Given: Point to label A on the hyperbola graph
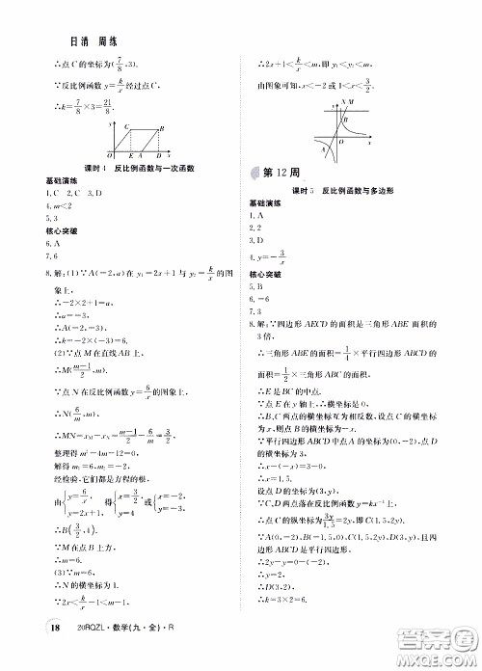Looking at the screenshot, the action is coord(322,148).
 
